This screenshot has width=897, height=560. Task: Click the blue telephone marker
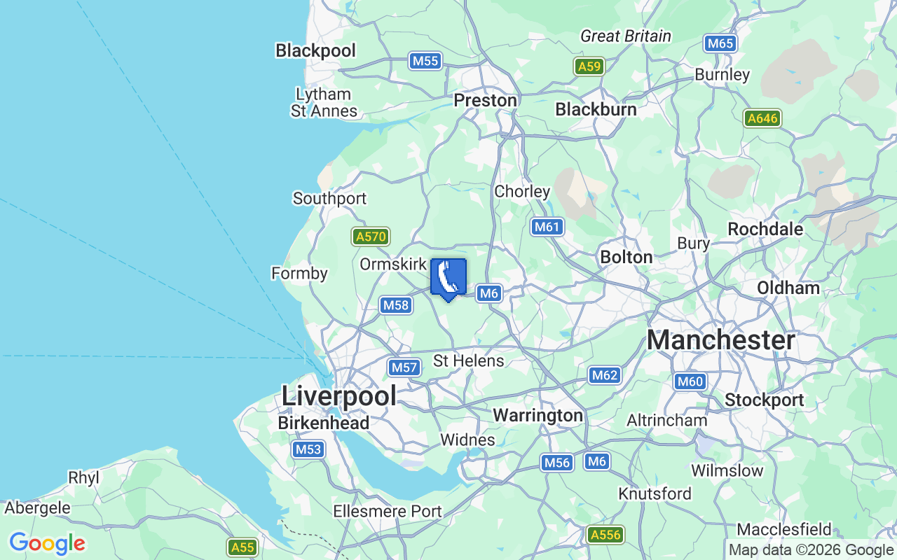[448, 279]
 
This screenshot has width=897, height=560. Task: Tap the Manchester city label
[720, 340]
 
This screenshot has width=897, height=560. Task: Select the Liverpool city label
[338, 395]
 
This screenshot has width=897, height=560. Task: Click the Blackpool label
[315, 50]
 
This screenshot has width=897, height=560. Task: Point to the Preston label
[485, 100]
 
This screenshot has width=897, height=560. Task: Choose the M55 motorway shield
[425, 61]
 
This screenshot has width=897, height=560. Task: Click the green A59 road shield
[589, 66]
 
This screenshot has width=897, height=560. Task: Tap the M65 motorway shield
[720, 43]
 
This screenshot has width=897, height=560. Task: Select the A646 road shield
[762, 118]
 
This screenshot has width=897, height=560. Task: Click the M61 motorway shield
[547, 226]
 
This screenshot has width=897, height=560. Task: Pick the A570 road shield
[371, 237]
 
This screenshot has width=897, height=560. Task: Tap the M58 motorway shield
[396, 304]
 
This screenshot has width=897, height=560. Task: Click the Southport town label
[329, 198]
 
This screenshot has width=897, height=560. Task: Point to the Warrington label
[537, 415]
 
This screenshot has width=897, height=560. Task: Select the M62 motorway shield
[604, 375]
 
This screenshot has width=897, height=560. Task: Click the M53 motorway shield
[308, 449]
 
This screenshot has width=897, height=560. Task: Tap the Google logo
[47, 543]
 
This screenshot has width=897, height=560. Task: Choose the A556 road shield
[605, 535]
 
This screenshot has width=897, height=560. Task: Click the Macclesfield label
[784, 528]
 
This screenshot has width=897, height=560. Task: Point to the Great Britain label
[626, 36]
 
